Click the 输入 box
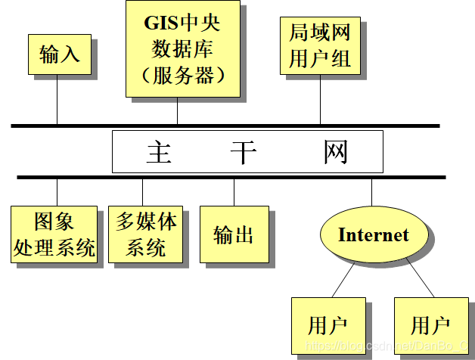click(59, 54)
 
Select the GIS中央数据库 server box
click(183, 48)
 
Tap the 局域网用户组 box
click(320, 45)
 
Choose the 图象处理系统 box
click(54, 234)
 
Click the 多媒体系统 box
click(145, 234)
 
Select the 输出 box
click(234, 234)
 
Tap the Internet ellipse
click(372, 234)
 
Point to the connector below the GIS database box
click(177, 110)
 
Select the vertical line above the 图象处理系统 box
click(57, 192)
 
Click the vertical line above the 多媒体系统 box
click(142, 192)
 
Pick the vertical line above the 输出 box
click(234, 192)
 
